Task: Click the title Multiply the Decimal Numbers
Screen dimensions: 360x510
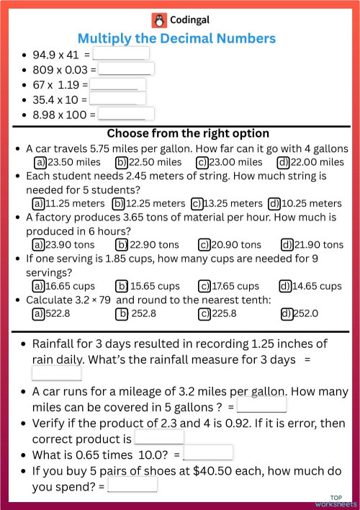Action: click(x=176, y=37)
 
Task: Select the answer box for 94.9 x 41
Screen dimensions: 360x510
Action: click(x=121, y=53)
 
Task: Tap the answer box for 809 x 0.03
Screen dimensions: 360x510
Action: click(x=125, y=69)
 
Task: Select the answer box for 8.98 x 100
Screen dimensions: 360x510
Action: click(x=126, y=113)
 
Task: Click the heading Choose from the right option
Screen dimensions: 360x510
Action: click(x=187, y=133)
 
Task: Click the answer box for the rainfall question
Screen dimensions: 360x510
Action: click(x=57, y=373)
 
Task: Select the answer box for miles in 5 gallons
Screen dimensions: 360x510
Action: click(x=262, y=406)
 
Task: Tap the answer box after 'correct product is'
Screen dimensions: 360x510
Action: click(x=159, y=437)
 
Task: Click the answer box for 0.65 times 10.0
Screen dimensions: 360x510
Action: click(x=208, y=453)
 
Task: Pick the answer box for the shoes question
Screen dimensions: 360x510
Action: click(x=132, y=485)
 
